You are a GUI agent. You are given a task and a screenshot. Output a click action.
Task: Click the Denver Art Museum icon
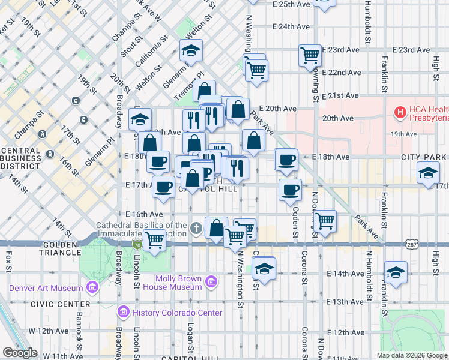(x=92, y=288)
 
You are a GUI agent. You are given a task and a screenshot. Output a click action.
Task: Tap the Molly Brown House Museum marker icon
(x=211, y=281)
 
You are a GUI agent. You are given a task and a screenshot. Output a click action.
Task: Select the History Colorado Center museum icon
(x=124, y=311)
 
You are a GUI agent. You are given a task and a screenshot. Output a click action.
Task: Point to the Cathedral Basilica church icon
(x=196, y=229)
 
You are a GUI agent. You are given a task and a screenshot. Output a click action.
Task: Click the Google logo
(x=20, y=353)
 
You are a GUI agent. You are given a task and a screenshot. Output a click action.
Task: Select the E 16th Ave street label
(x=144, y=214)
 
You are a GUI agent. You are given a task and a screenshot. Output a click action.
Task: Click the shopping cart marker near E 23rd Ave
(x=310, y=56)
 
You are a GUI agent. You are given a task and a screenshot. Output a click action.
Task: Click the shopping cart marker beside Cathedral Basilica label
(x=155, y=240)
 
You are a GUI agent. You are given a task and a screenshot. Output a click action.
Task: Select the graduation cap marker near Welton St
(x=191, y=50)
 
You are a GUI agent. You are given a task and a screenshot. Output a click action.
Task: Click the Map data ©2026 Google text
(x=411, y=355)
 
